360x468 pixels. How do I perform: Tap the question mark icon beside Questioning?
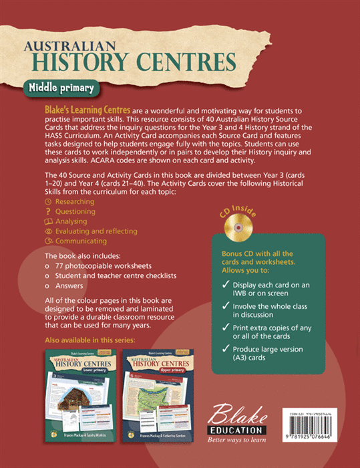pos(47,211)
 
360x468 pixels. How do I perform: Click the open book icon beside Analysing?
pos(47,221)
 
